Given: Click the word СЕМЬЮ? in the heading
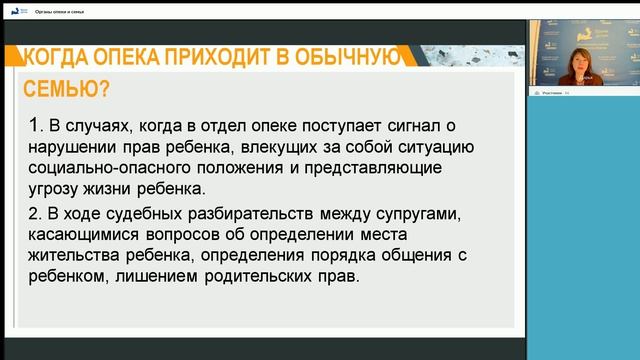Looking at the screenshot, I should pos(66,90).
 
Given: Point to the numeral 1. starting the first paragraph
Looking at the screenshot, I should pos(36,126).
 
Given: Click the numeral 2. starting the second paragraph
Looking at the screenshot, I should pos(36,214).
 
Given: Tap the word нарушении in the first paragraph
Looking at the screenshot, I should pos(79,147).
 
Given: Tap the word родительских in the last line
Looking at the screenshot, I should pos(264,277).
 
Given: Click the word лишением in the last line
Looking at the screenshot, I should pos(165,277).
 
